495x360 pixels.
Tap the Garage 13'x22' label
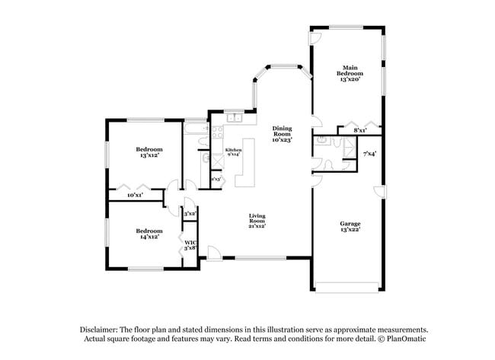tap(350, 226)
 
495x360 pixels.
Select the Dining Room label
tap(282, 134)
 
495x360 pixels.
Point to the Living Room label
tap(257, 221)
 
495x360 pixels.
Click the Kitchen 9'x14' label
tap(233, 153)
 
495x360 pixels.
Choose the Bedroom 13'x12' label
tap(148, 151)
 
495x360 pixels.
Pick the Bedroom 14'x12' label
tap(148, 234)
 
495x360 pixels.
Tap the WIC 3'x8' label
tap(190, 245)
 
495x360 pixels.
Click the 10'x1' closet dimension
tap(135, 196)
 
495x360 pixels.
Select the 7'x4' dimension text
tap(369, 154)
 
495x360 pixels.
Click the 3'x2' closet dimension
tap(190, 214)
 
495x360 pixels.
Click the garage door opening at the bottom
tap(346, 288)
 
